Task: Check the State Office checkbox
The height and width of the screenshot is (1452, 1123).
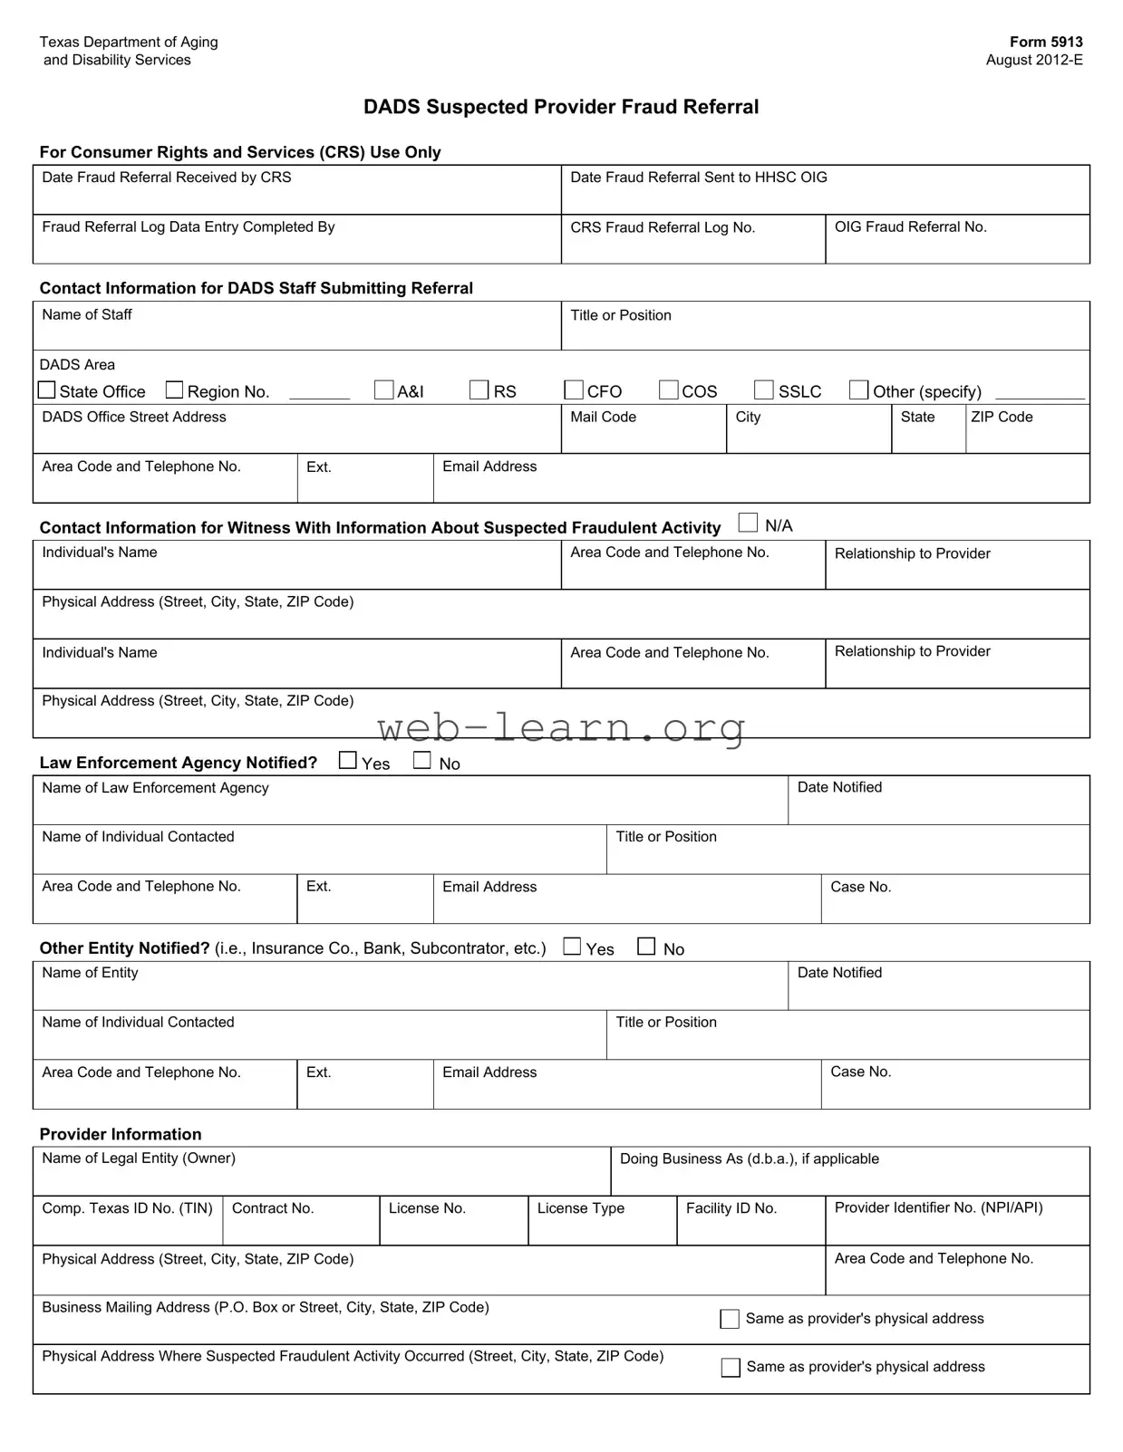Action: (47, 390)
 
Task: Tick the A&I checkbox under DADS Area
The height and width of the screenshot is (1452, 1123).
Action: (384, 390)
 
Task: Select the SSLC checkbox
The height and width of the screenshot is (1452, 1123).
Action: (764, 390)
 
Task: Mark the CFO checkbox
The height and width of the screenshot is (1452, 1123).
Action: (574, 390)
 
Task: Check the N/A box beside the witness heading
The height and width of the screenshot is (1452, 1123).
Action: (748, 523)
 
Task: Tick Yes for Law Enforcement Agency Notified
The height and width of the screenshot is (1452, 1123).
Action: (348, 761)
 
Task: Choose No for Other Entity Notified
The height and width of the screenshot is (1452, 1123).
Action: (646, 947)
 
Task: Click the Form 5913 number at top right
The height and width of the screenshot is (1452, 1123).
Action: (1046, 42)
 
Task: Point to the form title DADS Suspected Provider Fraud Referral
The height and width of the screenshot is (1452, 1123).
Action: (561, 107)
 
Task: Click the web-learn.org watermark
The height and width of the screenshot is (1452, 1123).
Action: (561, 727)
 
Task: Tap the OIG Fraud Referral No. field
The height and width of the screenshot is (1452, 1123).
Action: (957, 245)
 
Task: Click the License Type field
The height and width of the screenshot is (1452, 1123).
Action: (602, 1227)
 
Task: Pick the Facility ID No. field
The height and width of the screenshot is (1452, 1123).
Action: (750, 1227)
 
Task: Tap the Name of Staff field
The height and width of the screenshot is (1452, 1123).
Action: (296, 333)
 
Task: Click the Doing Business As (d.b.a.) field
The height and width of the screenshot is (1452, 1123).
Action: (849, 1178)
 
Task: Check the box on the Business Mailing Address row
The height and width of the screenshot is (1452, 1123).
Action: (730, 1319)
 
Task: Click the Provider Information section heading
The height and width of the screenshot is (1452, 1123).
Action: (121, 1134)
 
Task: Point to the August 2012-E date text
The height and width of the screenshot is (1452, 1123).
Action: (1034, 60)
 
